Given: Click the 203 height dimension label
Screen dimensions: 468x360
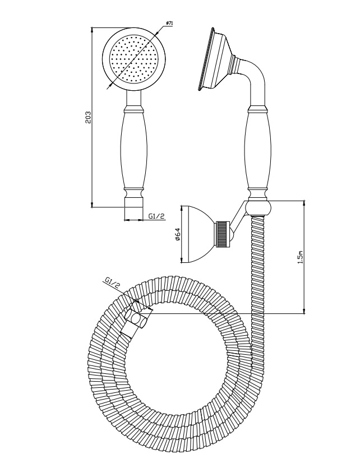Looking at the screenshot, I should [x=88, y=117].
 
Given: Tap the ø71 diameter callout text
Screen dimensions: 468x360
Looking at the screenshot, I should [x=169, y=23].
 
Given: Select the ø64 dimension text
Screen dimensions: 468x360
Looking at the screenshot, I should [x=177, y=234].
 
